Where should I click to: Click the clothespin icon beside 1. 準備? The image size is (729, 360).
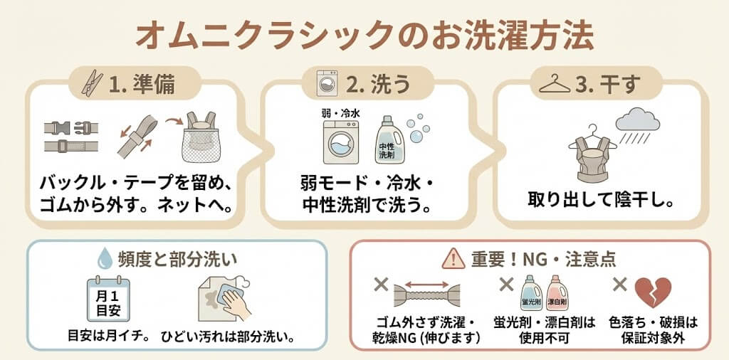point(92,83)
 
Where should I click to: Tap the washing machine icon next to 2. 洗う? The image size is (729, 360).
point(327,83)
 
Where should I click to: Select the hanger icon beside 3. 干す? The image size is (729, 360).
point(554,85)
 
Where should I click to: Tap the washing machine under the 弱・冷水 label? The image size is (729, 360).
point(341,142)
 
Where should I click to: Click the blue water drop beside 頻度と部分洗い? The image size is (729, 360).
point(105,258)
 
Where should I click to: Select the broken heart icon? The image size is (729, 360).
point(653,292)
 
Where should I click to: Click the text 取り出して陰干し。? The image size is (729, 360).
point(601,201)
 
